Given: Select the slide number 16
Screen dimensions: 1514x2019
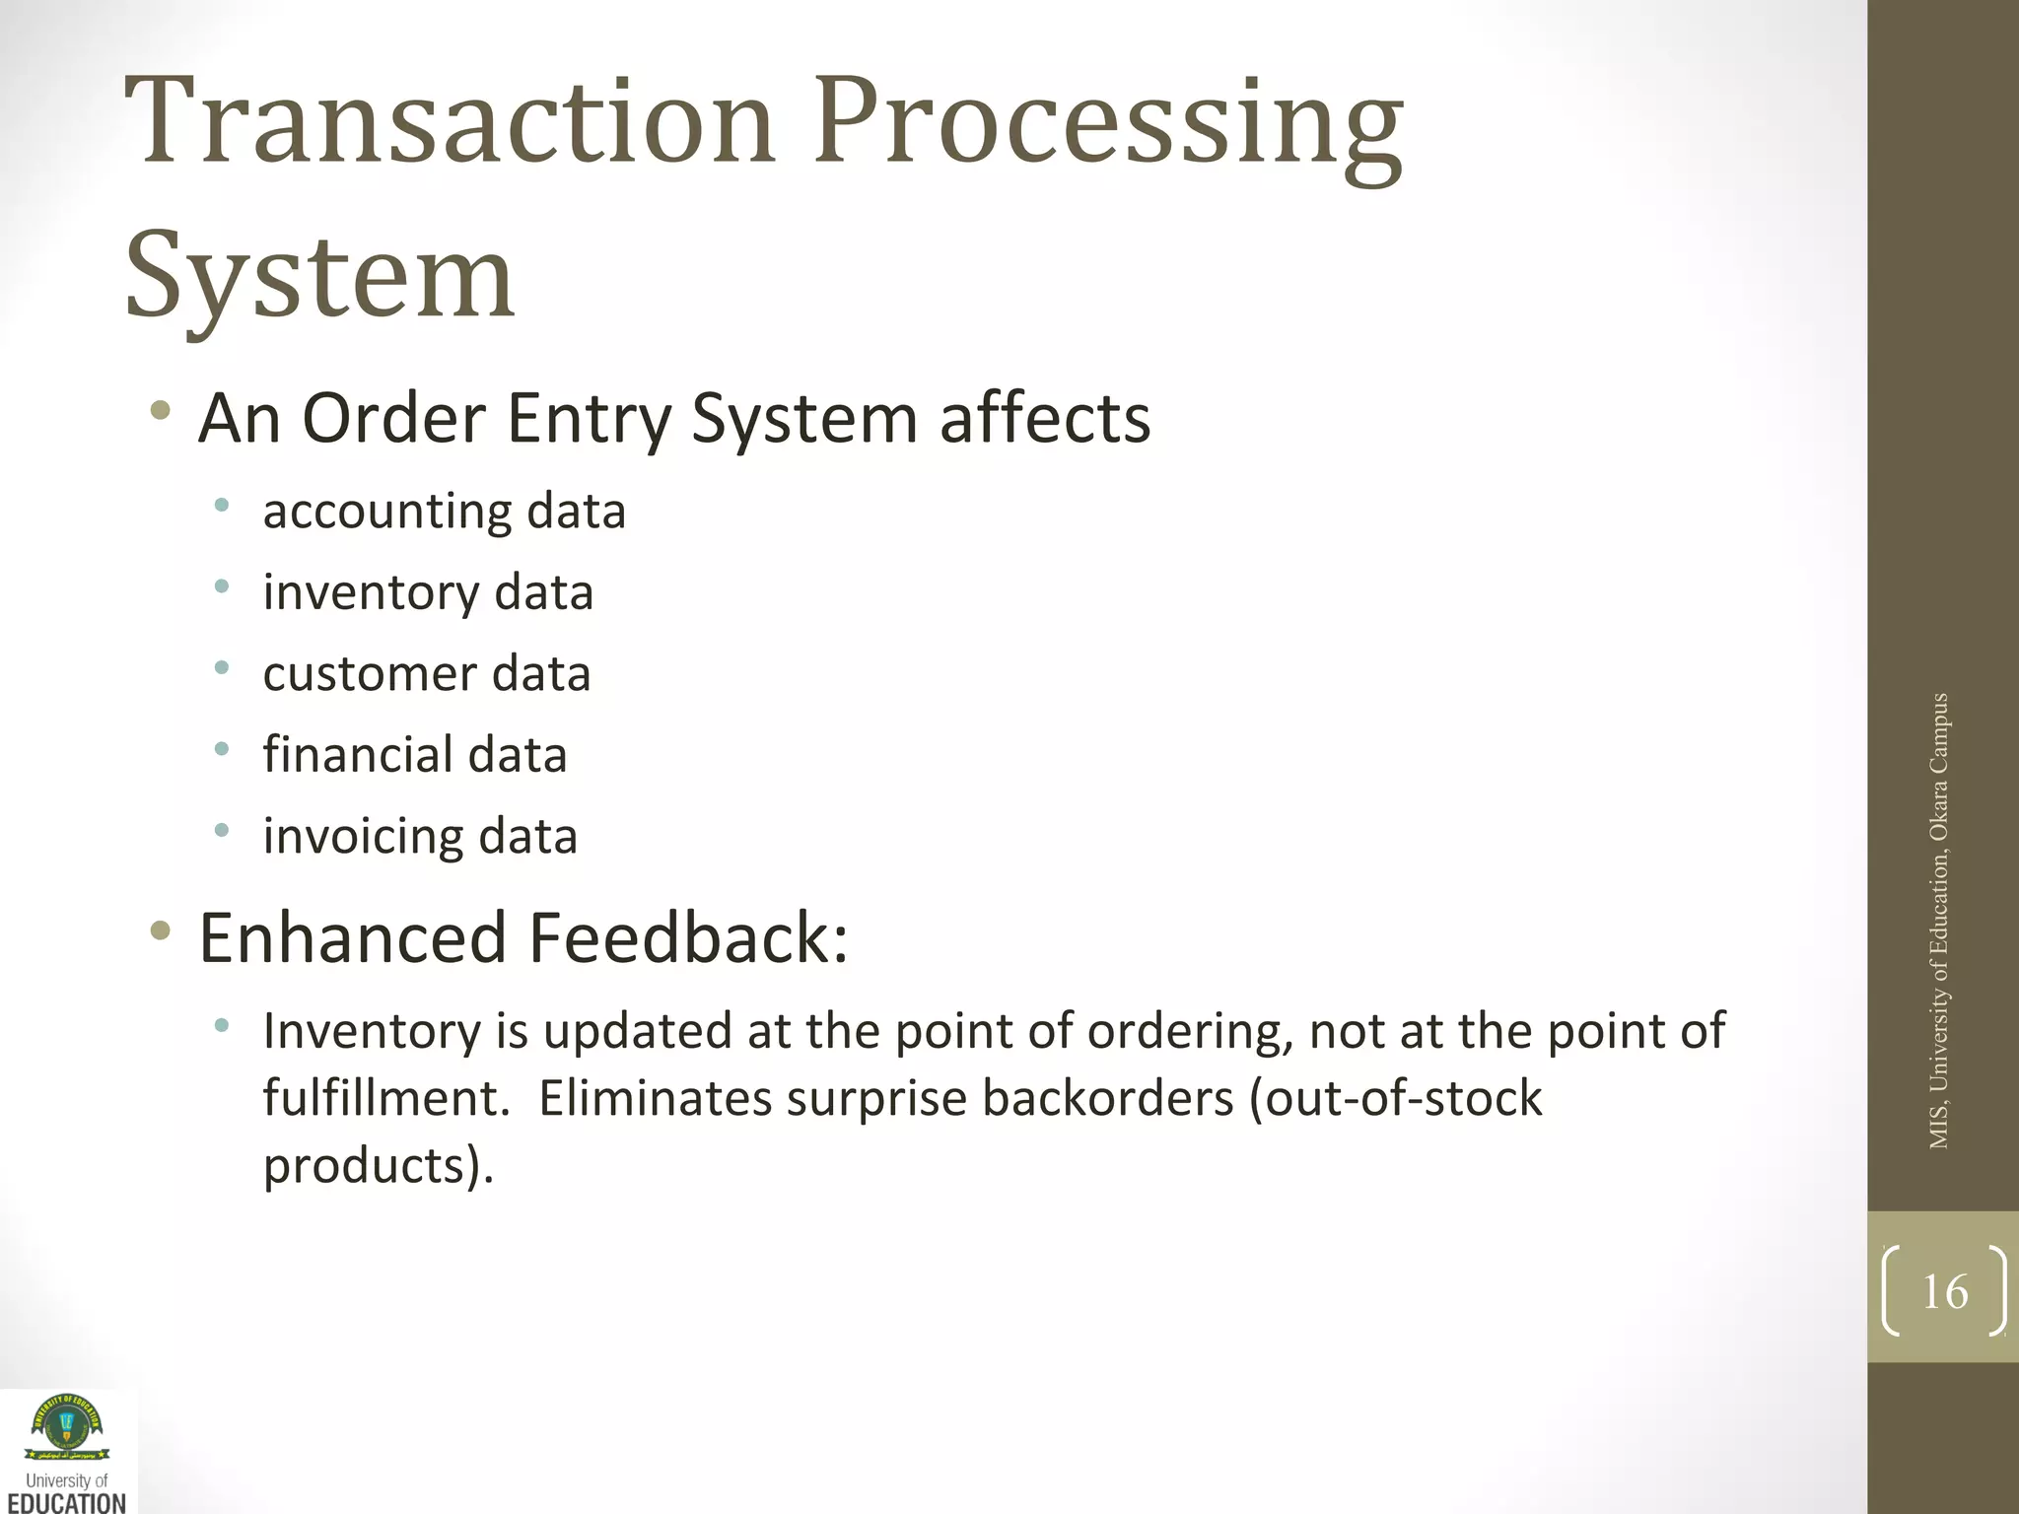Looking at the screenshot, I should (x=1944, y=1291).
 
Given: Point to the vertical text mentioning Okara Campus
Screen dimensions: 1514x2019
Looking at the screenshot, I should (x=1938, y=921).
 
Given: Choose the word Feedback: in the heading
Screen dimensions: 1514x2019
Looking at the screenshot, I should (x=689, y=937).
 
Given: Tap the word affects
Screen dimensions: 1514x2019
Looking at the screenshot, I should (x=1045, y=419).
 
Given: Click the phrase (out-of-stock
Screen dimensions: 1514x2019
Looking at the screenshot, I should (x=1395, y=1099).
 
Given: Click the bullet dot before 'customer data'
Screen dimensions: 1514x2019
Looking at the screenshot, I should (x=222, y=668).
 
